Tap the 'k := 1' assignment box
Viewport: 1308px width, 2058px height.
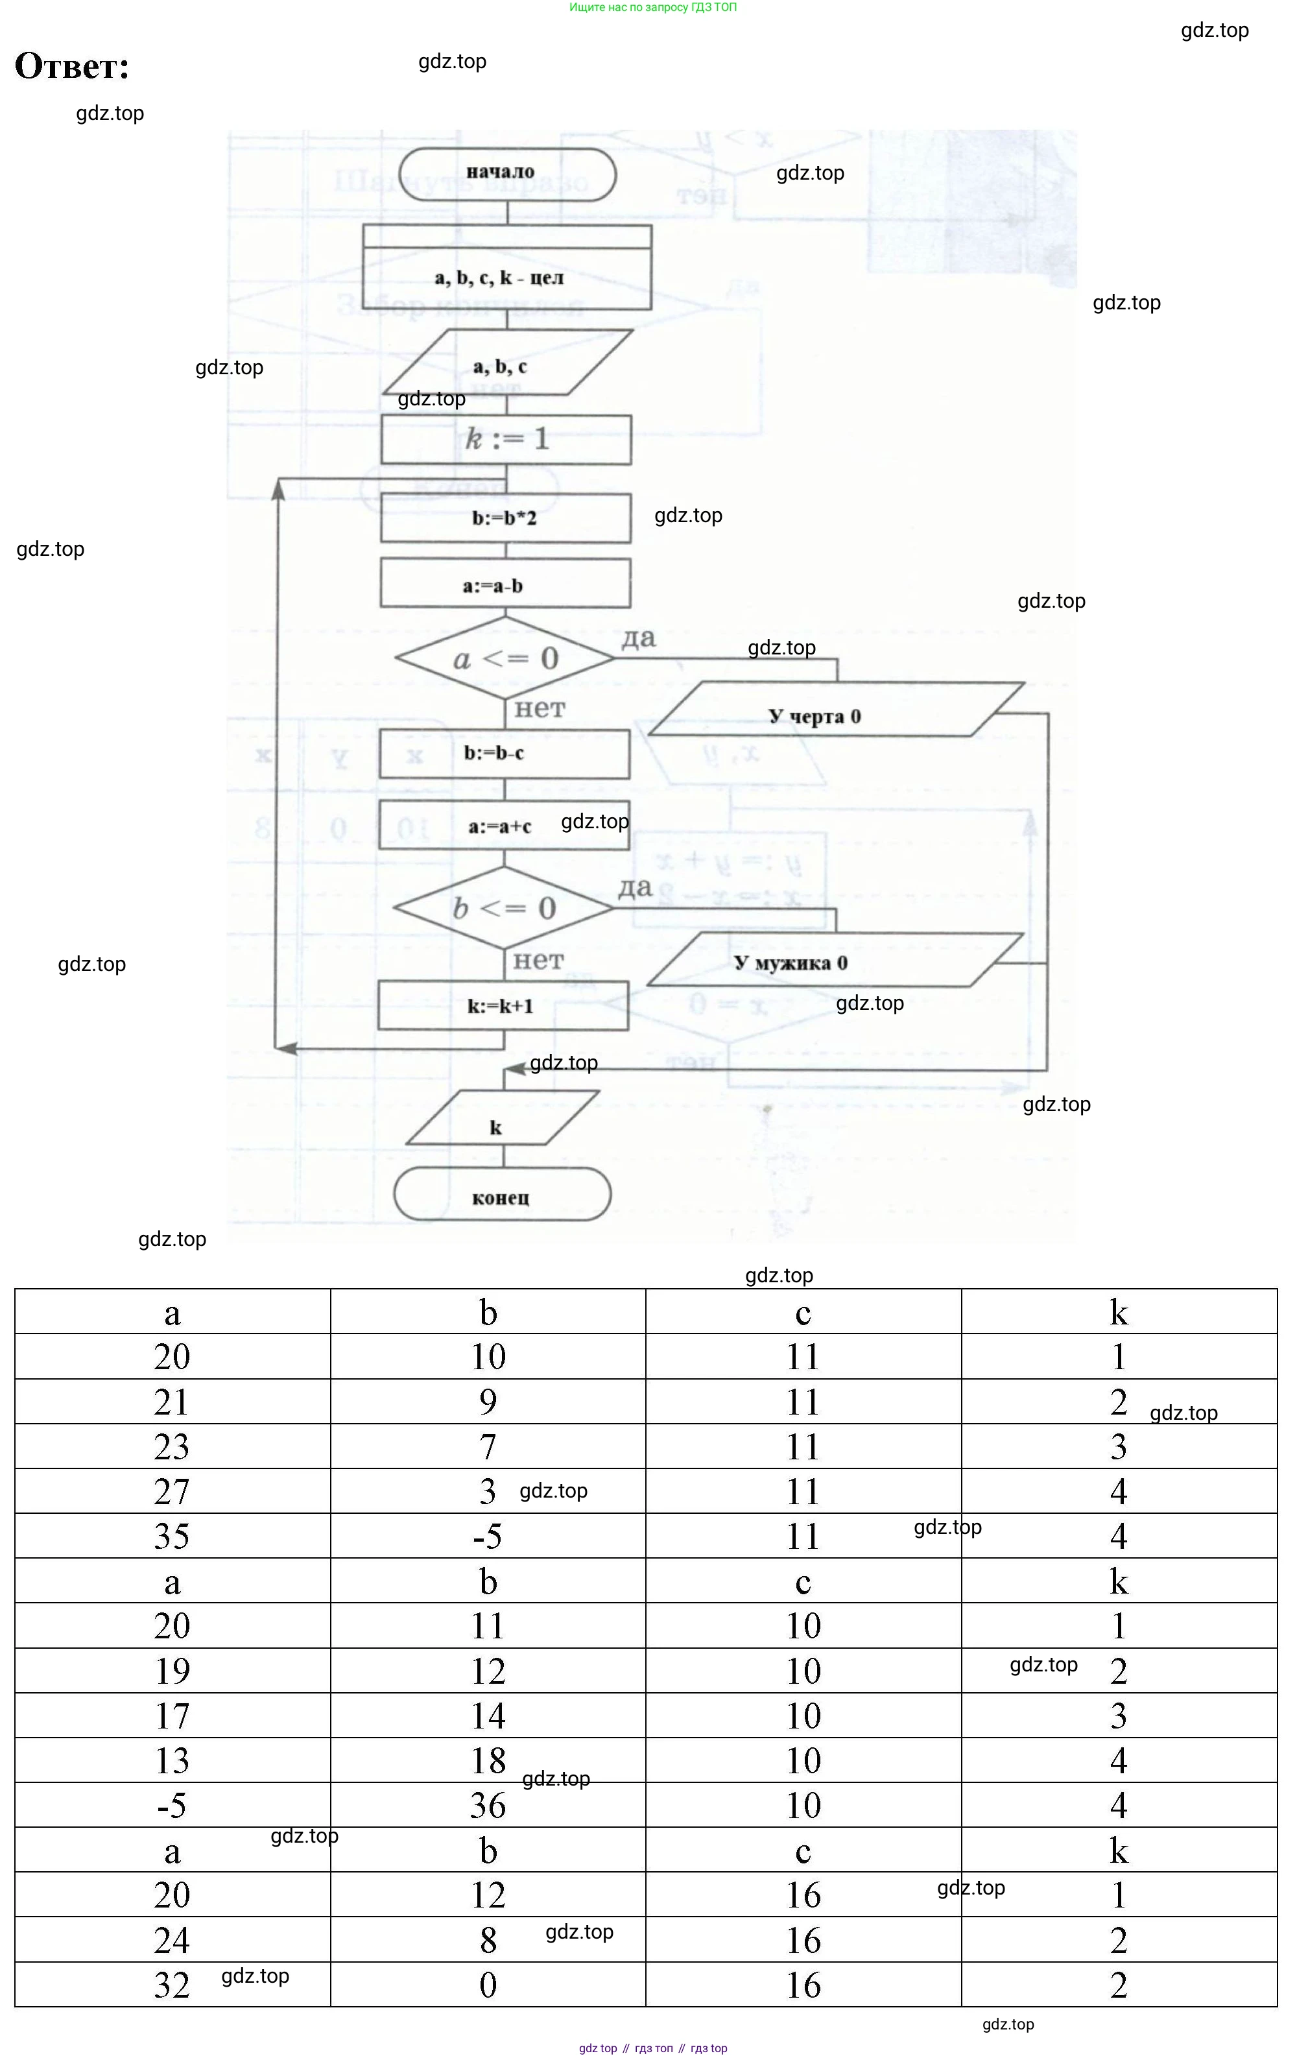click(x=506, y=439)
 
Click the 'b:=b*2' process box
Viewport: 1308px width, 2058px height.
click(x=505, y=518)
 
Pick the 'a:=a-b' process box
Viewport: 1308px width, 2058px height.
click(x=505, y=586)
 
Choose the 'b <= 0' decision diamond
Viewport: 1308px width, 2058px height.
click(x=503, y=907)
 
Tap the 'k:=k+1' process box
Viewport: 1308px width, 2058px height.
click(x=503, y=1006)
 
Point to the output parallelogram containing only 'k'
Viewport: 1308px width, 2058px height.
click(x=503, y=1119)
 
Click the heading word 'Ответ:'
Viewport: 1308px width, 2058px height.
click(x=72, y=66)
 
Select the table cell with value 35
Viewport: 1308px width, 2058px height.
click(x=172, y=1536)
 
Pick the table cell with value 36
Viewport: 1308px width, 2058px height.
click(x=487, y=1805)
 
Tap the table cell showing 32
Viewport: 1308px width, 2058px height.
click(x=172, y=1985)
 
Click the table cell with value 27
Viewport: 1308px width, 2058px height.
click(x=172, y=1491)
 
